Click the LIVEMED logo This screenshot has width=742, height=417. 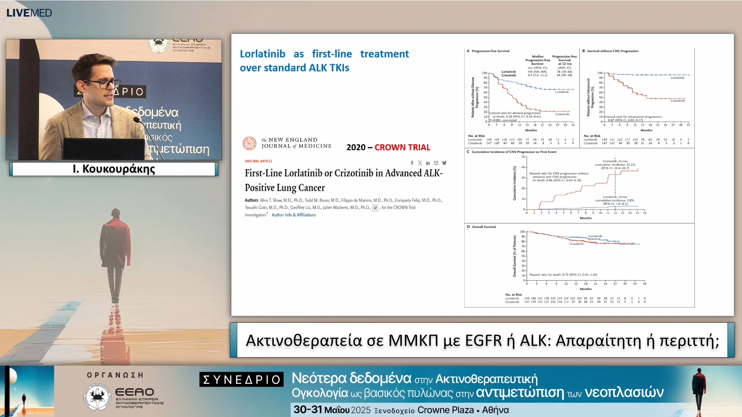29,13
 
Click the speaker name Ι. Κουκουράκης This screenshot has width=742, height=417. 114,169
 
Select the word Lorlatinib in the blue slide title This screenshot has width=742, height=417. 262,54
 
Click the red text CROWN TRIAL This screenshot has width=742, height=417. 402,147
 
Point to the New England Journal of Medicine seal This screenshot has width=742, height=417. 249,143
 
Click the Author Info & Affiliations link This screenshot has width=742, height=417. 294,215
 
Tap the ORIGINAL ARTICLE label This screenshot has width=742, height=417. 258,161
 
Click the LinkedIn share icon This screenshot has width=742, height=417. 428,163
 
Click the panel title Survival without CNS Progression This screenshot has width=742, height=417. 613,51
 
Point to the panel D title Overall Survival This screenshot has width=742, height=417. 483,227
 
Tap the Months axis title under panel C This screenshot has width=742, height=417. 585,218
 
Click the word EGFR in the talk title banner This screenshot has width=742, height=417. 490,341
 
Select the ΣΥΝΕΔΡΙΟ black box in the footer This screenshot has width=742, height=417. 242,380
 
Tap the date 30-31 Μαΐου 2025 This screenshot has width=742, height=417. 332,410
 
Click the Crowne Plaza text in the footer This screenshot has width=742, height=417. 446,410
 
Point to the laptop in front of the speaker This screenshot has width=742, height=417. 104,149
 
